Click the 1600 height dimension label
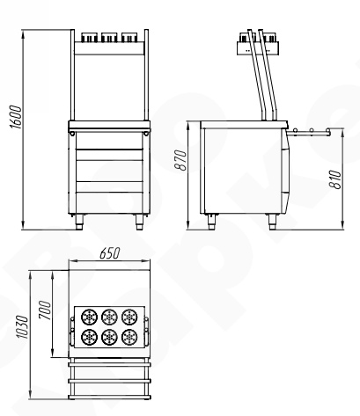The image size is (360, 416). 16,117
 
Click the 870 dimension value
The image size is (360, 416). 180,160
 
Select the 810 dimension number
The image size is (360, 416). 335,179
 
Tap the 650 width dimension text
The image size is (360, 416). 110,253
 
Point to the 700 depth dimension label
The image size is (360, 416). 45,310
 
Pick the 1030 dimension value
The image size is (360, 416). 22,327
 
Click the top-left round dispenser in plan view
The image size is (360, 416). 89,317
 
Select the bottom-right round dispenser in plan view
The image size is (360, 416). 129,337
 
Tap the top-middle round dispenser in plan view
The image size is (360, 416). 109,317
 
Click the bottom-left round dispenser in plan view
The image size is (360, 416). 89,337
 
